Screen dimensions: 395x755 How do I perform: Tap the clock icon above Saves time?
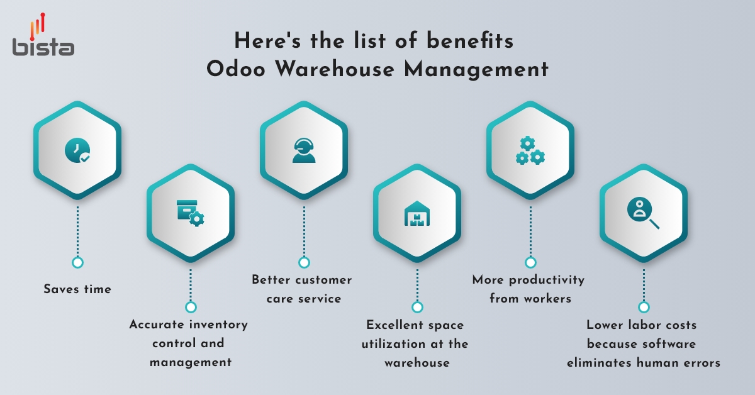(77, 150)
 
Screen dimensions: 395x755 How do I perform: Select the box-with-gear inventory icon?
(190, 213)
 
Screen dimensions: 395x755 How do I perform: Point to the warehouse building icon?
(417, 213)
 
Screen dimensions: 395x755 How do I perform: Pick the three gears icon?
(530, 150)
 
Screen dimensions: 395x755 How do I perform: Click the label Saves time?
(77, 289)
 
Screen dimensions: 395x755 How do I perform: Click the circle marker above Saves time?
(77, 262)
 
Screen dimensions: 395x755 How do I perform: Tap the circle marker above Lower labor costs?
(643, 307)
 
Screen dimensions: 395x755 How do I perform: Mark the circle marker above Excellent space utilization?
(417, 307)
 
